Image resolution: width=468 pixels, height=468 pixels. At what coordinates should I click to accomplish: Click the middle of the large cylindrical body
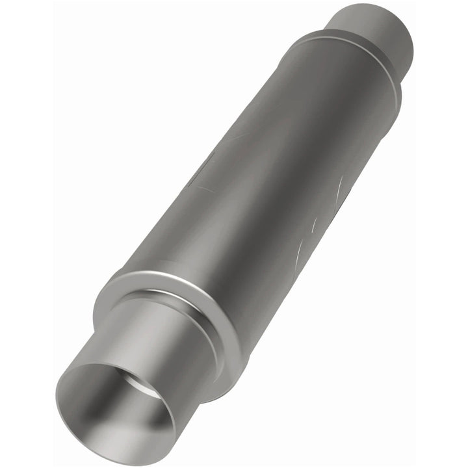260,188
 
